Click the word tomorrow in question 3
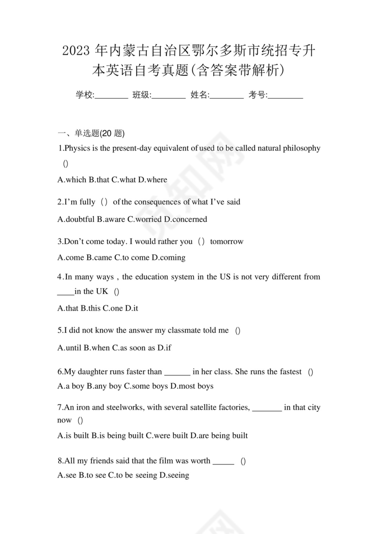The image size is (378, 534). (227, 242)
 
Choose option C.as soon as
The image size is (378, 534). (134, 348)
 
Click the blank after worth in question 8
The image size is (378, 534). (223, 461)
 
